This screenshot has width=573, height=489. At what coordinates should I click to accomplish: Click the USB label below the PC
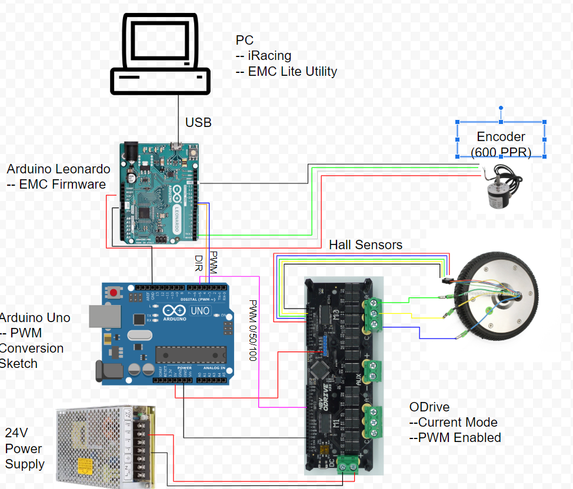(x=198, y=123)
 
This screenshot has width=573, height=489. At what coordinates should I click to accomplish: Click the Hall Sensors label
(x=365, y=244)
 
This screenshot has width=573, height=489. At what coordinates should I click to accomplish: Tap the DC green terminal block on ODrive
(x=347, y=464)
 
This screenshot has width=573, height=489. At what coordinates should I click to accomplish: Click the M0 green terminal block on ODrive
(x=373, y=313)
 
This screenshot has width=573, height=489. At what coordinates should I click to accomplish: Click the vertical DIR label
(x=199, y=263)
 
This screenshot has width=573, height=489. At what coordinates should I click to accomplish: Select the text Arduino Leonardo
(x=58, y=169)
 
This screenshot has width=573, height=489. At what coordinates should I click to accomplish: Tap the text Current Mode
(x=457, y=423)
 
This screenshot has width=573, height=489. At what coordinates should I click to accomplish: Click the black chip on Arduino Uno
(x=191, y=354)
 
